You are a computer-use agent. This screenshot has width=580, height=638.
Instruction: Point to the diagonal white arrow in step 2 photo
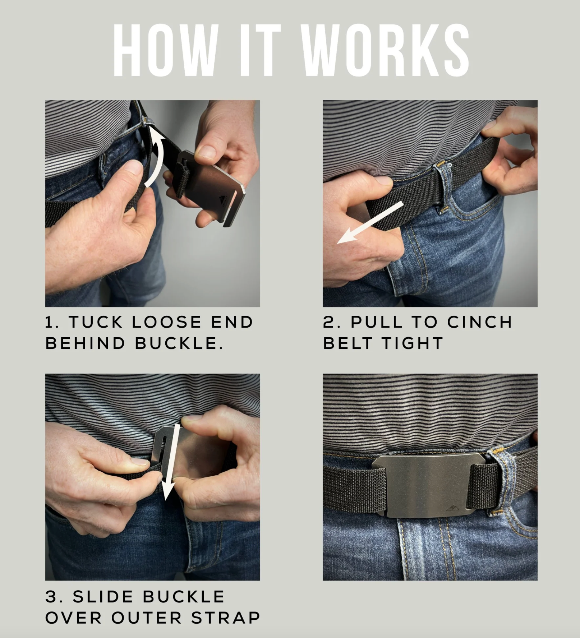370,223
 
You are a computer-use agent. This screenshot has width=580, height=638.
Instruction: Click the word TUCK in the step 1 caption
96,322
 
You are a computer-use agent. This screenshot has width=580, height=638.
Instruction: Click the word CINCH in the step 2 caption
480,322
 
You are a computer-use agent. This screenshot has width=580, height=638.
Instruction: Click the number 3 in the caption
51,597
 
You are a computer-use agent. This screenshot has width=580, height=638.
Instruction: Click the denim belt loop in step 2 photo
443,189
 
